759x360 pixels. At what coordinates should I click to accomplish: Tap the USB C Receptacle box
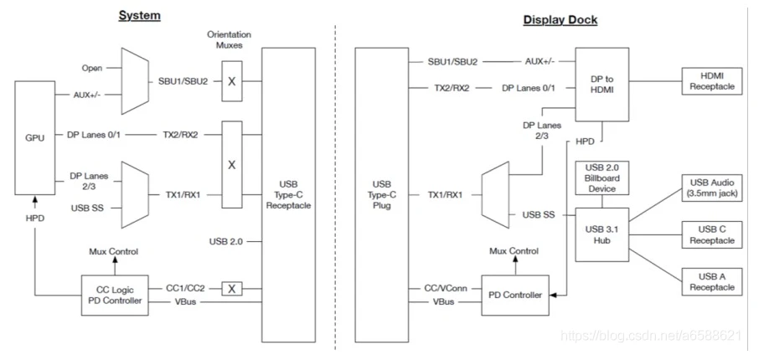(x=710, y=235)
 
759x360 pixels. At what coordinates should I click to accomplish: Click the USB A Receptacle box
(x=710, y=281)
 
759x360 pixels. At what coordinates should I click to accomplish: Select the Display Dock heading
(x=560, y=18)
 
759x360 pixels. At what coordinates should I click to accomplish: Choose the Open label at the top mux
(x=92, y=68)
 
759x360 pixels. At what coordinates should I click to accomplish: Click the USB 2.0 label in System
(x=226, y=243)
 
